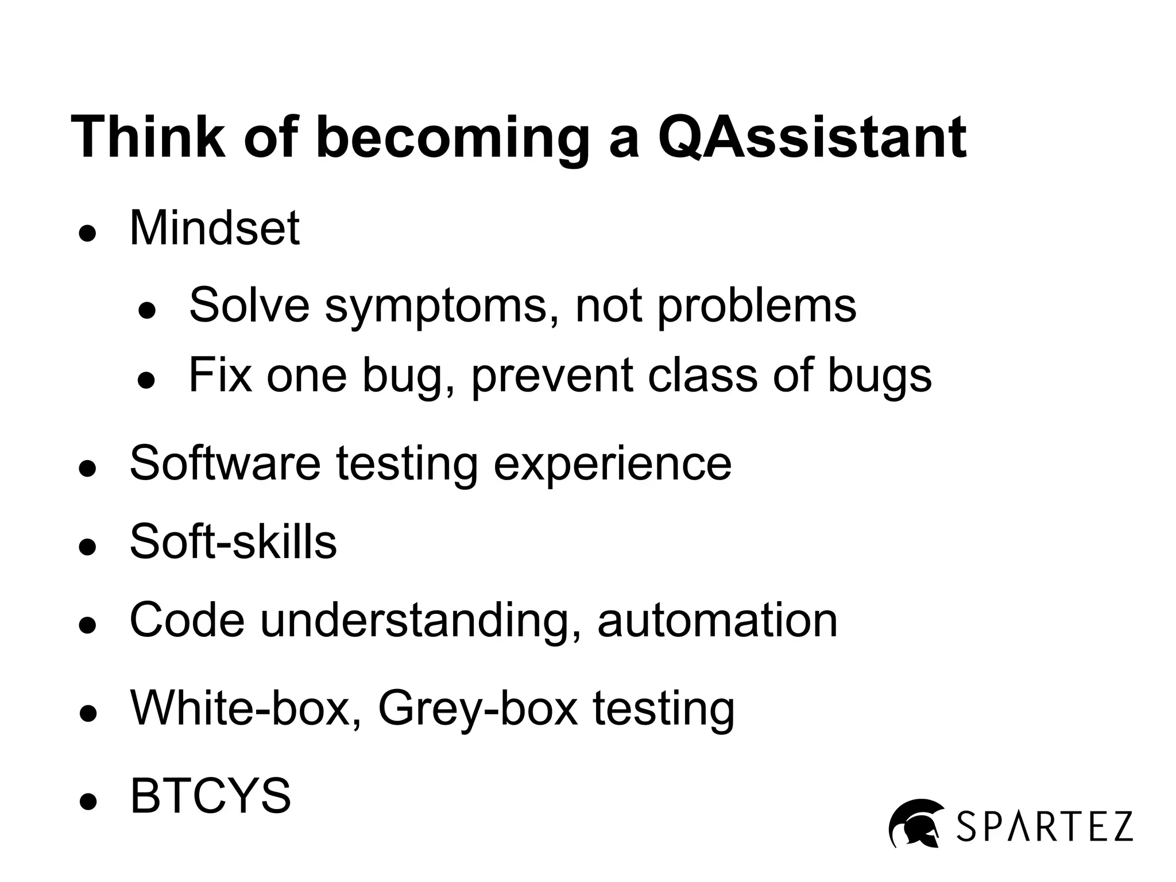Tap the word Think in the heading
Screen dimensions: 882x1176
click(148, 138)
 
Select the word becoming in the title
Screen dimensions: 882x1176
click(452, 138)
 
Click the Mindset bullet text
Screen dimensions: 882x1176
click(214, 229)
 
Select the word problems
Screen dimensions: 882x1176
click(756, 305)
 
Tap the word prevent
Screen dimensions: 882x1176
click(552, 376)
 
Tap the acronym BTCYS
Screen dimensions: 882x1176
click(211, 796)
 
